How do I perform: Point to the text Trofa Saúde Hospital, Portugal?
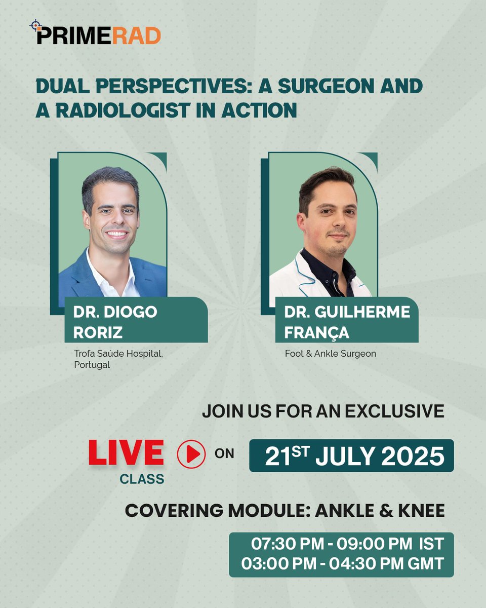tap(118, 359)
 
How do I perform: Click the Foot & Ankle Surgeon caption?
tap(330, 354)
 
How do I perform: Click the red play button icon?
tap(191, 454)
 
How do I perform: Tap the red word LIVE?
tap(126, 452)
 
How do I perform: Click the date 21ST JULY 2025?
tap(354, 456)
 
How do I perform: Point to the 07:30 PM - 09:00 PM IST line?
tap(347, 545)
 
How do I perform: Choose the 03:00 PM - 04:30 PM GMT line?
tap(342, 563)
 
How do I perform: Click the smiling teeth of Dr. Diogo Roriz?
tap(117, 234)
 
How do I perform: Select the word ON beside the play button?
tap(224, 454)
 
